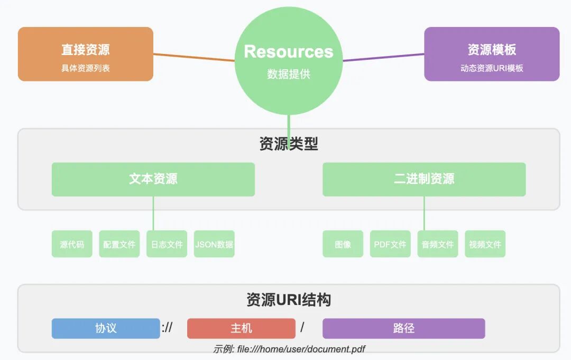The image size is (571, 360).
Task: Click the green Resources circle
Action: [288, 61]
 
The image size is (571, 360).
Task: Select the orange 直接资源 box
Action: [86, 54]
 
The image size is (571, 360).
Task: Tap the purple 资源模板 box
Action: [492, 54]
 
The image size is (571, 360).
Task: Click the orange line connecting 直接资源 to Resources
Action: [194, 57]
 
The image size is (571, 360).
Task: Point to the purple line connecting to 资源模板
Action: [383, 57]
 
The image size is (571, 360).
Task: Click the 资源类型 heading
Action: [289, 144]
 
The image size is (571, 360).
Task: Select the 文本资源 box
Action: [153, 179]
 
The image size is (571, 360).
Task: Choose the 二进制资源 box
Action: [424, 179]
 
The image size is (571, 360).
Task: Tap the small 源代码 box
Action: [72, 244]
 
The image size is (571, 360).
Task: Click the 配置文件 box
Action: [119, 244]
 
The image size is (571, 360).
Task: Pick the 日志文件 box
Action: [167, 244]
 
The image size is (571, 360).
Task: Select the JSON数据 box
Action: [214, 244]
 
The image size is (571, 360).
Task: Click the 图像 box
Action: [343, 244]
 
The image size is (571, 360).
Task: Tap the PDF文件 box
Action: [390, 244]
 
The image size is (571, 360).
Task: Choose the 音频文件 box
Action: [438, 244]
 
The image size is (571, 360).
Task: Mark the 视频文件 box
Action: [485, 244]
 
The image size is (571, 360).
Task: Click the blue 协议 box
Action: [106, 328]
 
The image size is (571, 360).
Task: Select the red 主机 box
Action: [241, 328]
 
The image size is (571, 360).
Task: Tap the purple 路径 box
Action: [404, 328]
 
